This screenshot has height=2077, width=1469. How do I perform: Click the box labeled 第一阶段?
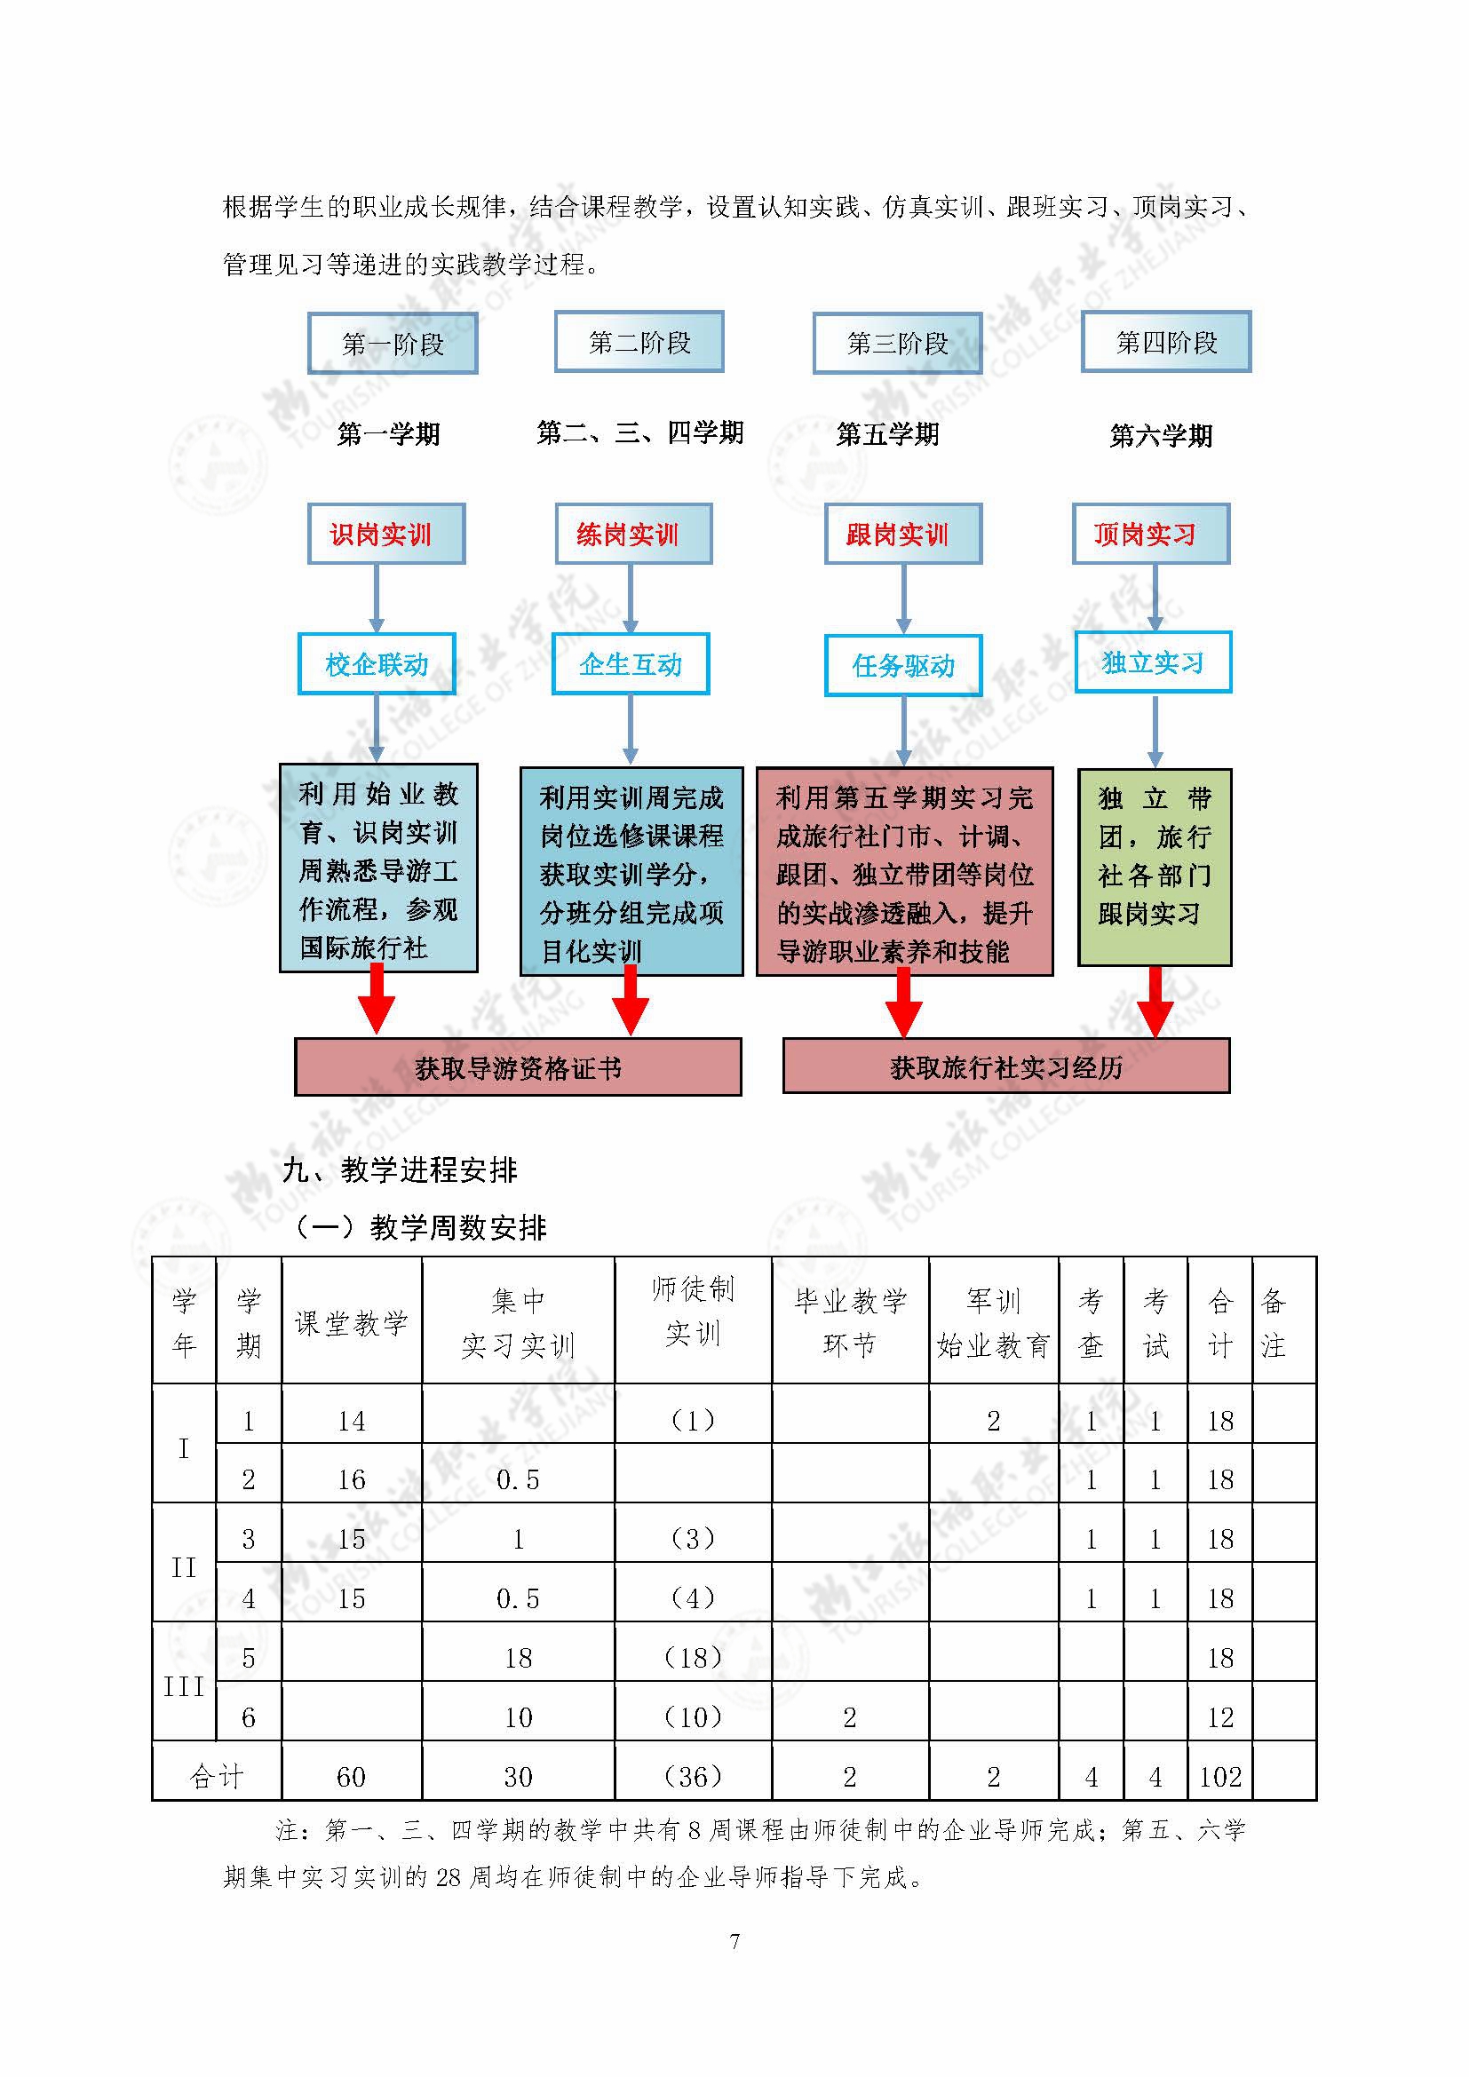[x=393, y=344]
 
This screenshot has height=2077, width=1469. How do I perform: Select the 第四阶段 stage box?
[x=1166, y=342]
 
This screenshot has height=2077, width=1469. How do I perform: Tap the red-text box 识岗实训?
[x=386, y=535]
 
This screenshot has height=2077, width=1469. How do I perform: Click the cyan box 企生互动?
[x=631, y=664]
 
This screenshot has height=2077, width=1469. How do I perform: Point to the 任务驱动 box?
[x=902, y=666]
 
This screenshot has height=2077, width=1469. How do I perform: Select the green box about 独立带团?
[x=1155, y=868]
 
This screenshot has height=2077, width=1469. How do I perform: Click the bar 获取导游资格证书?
[x=519, y=1067]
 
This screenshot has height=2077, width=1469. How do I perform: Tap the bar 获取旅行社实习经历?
[x=1006, y=1066]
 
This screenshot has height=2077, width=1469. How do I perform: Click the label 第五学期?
[x=887, y=434]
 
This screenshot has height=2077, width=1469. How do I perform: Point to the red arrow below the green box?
[x=1155, y=1002]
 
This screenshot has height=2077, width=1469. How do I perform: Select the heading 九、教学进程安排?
[x=400, y=1170]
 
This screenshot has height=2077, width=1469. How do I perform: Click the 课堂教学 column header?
[x=351, y=1322]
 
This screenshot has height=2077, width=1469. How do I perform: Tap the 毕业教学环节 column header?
[x=849, y=1322]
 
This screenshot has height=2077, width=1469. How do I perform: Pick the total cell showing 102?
[x=1220, y=1778]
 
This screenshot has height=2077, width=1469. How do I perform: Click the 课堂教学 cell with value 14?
[x=351, y=1421]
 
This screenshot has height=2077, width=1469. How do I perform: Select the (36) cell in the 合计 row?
[x=693, y=1778]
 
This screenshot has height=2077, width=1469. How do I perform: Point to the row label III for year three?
[x=184, y=1686]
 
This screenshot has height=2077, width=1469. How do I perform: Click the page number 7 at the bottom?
[x=734, y=1941]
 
